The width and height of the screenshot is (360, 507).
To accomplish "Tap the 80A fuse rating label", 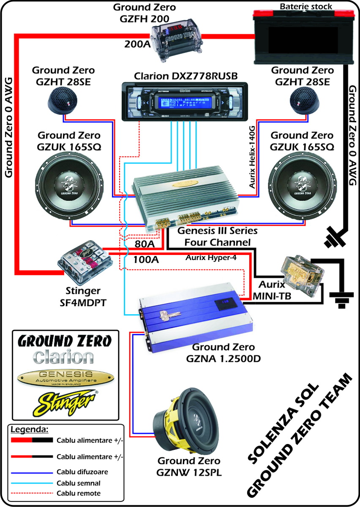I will [x=145, y=244].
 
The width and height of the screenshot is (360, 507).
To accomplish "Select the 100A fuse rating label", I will [x=146, y=259].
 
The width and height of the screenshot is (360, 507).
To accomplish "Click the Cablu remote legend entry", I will [x=78, y=493].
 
